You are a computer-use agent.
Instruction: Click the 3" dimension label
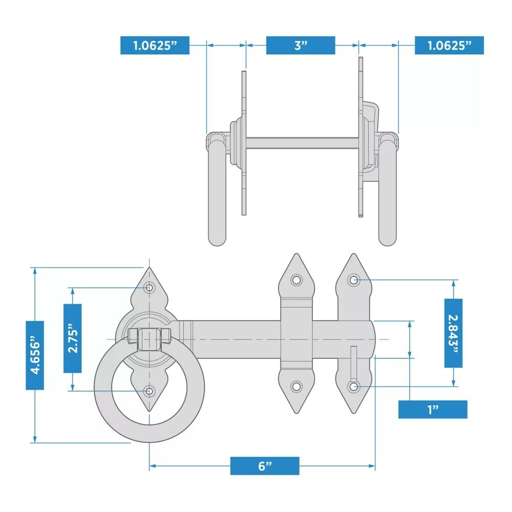pyautogui.click(x=301, y=45)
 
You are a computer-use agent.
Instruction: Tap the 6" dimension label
pyautogui.click(x=265, y=465)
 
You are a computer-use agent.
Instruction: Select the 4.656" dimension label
pyautogui.click(x=35, y=355)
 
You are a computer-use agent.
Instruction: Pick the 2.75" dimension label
pyautogui.click(x=73, y=338)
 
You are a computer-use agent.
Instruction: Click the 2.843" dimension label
pyautogui.click(x=454, y=333)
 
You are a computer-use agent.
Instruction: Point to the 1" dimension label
pyautogui.click(x=433, y=409)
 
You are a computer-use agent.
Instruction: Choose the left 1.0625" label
pyautogui.click(x=155, y=45)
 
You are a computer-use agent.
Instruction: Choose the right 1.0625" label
pyautogui.click(x=450, y=45)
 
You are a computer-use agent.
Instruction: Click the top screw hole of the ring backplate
pyautogui.click(x=149, y=288)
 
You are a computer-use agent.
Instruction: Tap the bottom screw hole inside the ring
pyautogui.click(x=149, y=391)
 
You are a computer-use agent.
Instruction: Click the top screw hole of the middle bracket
pyautogui.click(x=296, y=280)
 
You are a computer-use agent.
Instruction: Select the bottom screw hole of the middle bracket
pyautogui.click(x=296, y=387)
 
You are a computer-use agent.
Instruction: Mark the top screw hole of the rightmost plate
pyautogui.click(x=354, y=280)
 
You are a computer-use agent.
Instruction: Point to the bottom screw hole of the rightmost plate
pyautogui.click(x=354, y=387)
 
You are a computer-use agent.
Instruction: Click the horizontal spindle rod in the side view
pyautogui.click(x=303, y=143)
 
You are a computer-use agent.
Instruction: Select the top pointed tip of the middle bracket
pyautogui.click(x=296, y=254)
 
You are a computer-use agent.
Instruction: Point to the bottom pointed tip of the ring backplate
pyautogui.click(x=149, y=411)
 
